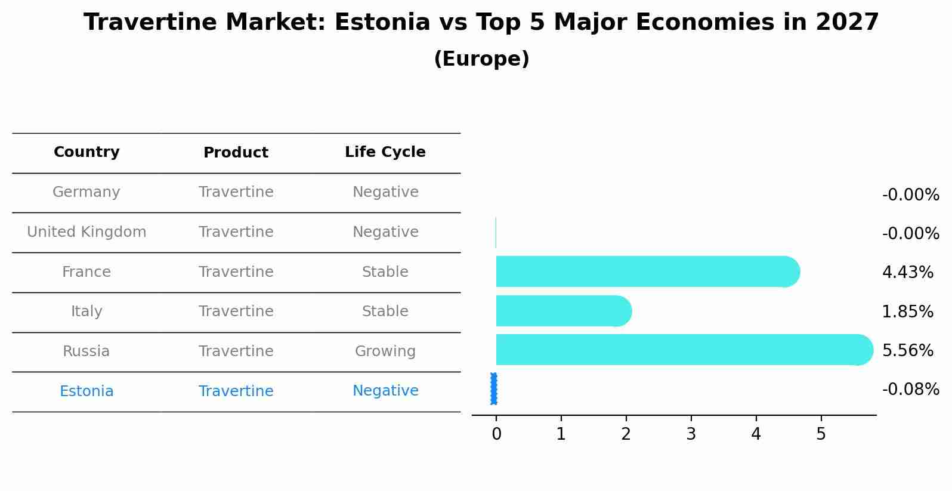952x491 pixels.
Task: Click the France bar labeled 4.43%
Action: click(647, 271)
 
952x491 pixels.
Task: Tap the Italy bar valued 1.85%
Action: click(563, 311)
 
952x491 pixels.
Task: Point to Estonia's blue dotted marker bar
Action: click(494, 389)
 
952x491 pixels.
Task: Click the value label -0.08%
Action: click(910, 390)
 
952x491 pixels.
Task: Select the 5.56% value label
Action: click(907, 350)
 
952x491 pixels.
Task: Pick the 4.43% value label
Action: click(907, 273)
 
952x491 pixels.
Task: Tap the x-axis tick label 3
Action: click(691, 434)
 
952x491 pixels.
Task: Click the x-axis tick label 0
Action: click(496, 434)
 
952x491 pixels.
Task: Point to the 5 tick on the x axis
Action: click(821, 434)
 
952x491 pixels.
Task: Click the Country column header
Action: click(86, 152)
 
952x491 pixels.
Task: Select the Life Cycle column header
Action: click(385, 152)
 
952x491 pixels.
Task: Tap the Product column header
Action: click(236, 153)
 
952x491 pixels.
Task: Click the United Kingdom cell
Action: click(86, 232)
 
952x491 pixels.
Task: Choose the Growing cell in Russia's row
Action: click(385, 351)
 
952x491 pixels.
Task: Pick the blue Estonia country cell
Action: click(86, 391)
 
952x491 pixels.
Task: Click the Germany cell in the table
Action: click(86, 192)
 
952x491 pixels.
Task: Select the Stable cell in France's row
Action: click(385, 272)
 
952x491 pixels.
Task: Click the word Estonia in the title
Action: click(382, 23)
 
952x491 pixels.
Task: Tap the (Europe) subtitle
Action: click(481, 59)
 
